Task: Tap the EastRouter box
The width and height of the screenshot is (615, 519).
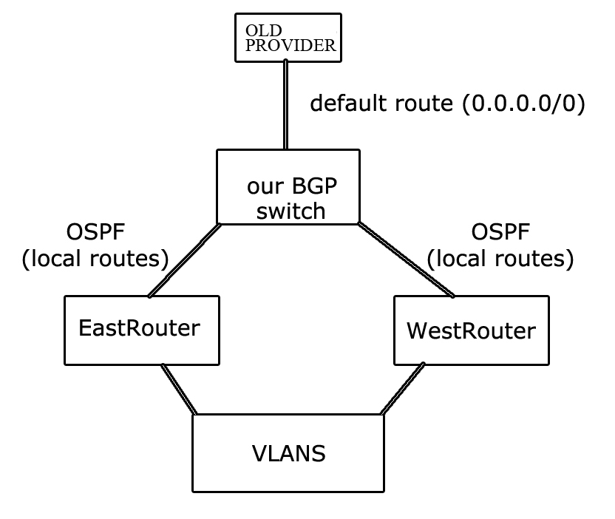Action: (141, 330)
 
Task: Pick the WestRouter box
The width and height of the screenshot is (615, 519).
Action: (471, 330)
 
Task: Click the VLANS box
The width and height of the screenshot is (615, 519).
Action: (288, 452)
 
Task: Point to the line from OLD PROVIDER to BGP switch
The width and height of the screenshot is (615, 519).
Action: (285, 104)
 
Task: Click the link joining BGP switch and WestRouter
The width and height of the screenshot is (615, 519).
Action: (406, 259)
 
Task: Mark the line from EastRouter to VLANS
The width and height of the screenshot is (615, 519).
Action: (178, 389)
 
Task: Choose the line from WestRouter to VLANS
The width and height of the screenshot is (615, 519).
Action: (403, 389)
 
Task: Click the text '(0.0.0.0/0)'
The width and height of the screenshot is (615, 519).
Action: (523, 104)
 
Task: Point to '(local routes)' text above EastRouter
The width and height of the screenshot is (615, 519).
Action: (96, 259)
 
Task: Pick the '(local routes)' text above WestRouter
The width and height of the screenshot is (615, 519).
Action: (501, 259)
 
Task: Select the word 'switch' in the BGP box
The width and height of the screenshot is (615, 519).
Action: (289, 211)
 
